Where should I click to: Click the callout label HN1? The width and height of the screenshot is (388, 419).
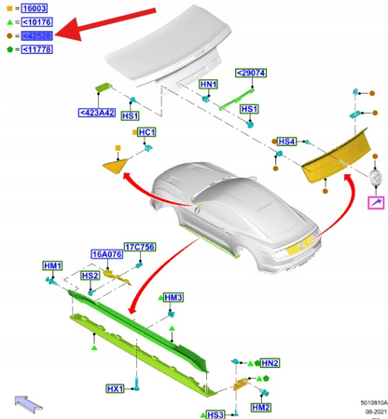pos(209,84)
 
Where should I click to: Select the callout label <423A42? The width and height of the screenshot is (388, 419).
pos(96,114)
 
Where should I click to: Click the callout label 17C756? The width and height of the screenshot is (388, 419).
pos(141,248)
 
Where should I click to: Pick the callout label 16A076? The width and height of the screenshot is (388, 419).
pos(107,254)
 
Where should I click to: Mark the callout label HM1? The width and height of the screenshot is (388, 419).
pos(53,266)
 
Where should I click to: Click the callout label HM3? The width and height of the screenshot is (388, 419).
pos(173,297)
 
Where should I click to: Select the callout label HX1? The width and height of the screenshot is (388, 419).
pos(115,387)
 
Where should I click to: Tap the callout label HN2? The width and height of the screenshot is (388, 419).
pos(270,363)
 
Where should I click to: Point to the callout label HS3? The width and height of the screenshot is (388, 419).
pos(215,413)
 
